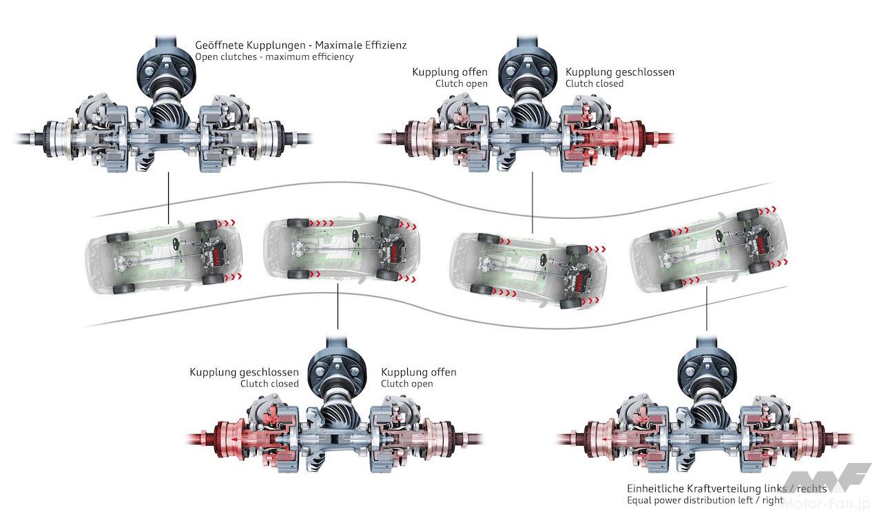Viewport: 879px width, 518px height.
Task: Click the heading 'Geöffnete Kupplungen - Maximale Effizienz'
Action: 300,45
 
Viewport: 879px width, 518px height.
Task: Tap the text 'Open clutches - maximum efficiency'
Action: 274,56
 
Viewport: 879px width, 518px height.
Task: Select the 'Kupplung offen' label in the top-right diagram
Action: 450,72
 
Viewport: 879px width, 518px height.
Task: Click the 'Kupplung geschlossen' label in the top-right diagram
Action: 619,72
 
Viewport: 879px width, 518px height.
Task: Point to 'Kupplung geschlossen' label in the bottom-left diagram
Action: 244,372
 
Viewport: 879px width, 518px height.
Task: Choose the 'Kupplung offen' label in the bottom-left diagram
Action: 418,372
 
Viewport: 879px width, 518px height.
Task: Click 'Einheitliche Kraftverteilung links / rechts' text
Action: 723,488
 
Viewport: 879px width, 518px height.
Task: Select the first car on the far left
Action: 164,251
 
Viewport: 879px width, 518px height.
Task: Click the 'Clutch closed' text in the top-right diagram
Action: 594,83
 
